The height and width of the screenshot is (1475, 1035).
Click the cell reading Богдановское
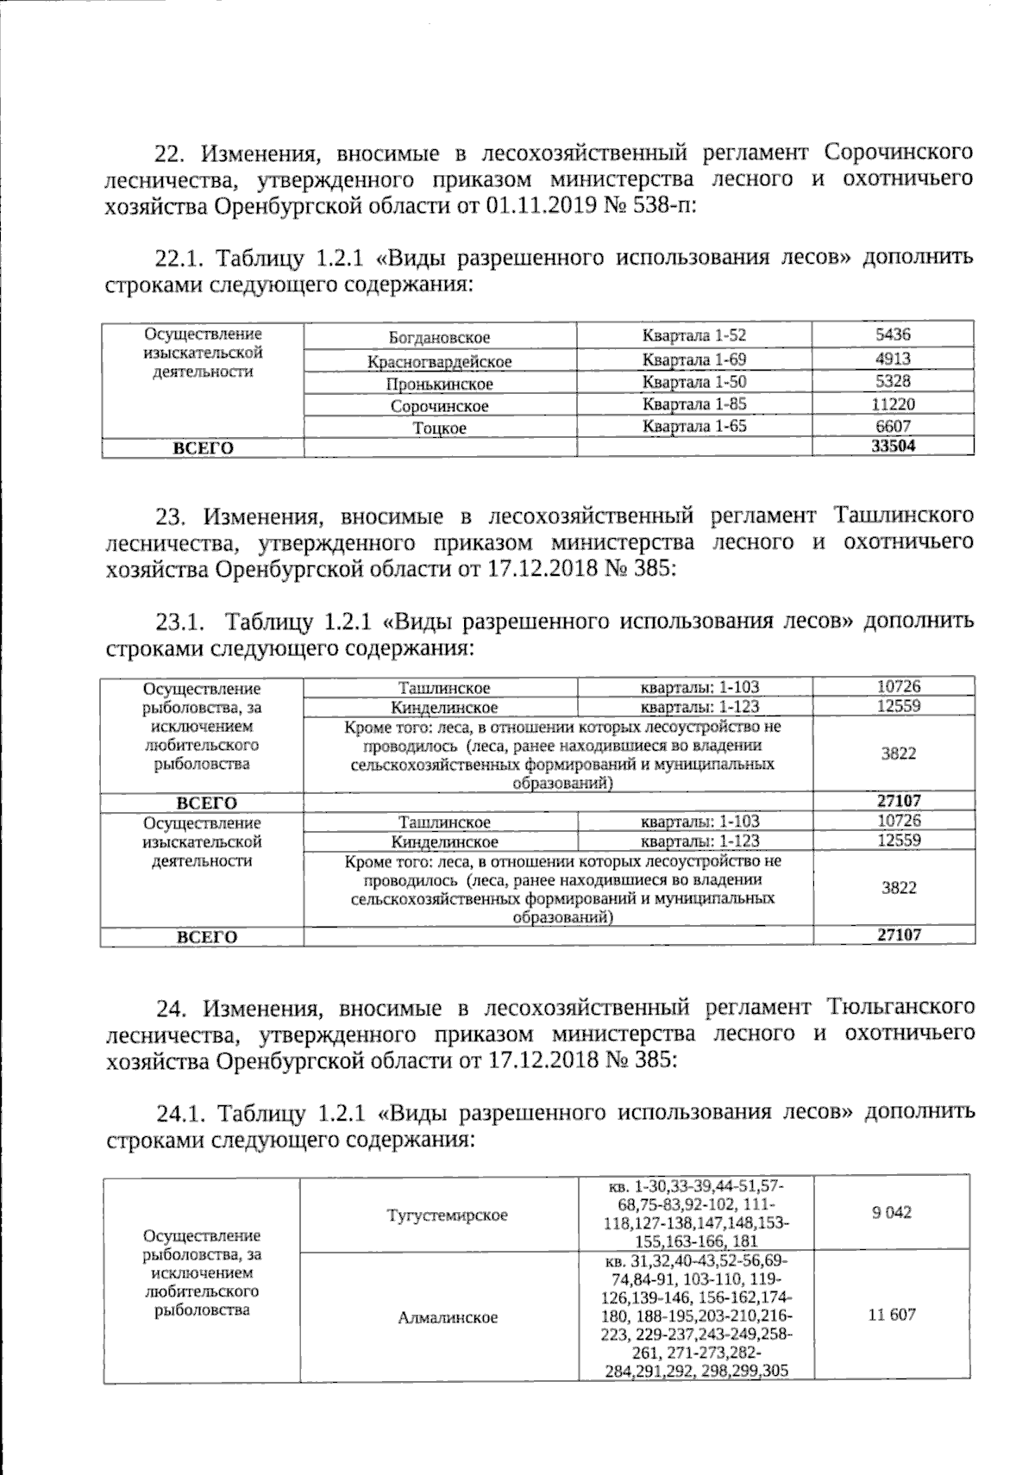click(x=439, y=338)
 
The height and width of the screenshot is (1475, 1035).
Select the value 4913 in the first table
click(x=893, y=359)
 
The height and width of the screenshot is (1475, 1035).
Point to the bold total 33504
click(x=893, y=446)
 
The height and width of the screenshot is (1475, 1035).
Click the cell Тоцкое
click(x=439, y=428)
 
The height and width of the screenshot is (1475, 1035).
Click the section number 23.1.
click(x=179, y=622)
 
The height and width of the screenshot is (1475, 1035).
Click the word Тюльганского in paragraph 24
click(x=900, y=1007)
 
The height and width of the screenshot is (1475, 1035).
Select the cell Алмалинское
click(x=448, y=1318)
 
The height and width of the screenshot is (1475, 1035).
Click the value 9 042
click(x=891, y=1212)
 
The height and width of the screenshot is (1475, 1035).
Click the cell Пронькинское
click(x=439, y=384)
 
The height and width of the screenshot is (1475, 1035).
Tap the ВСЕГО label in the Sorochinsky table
click(x=204, y=447)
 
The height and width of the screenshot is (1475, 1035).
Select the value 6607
click(x=893, y=426)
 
